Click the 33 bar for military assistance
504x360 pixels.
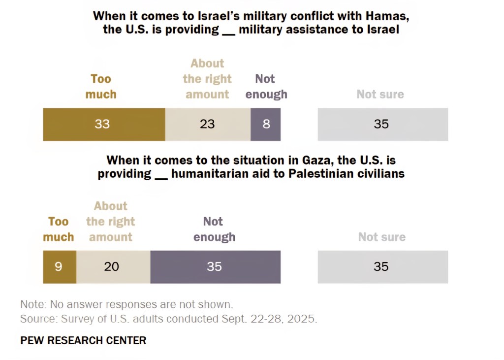point(104,124)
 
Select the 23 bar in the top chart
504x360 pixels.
point(208,124)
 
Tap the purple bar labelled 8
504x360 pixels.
point(266,124)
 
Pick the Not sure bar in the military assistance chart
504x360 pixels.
point(382,124)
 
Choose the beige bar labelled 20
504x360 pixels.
point(113,267)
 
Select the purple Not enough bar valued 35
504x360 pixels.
point(215,267)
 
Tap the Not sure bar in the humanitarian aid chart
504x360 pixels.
point(382,267)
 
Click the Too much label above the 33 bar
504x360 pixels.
point(101,87)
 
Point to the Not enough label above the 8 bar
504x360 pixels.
point(266,87)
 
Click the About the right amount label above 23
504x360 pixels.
point(207,79)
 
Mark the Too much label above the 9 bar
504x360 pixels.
point(59,229)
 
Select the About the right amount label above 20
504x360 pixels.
point(111,222)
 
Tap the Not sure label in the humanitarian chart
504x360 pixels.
point(382,237)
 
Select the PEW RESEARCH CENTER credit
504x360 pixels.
point(83,340)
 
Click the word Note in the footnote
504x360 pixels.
point(31,304)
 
